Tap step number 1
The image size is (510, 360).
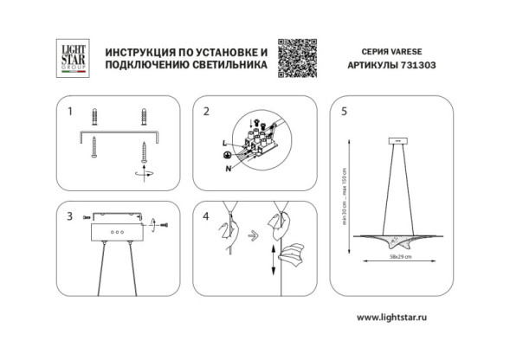click(x=71, y=112)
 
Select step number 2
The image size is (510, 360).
click(x=206, y=112)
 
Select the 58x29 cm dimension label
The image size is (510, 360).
click(x=400, y=258)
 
